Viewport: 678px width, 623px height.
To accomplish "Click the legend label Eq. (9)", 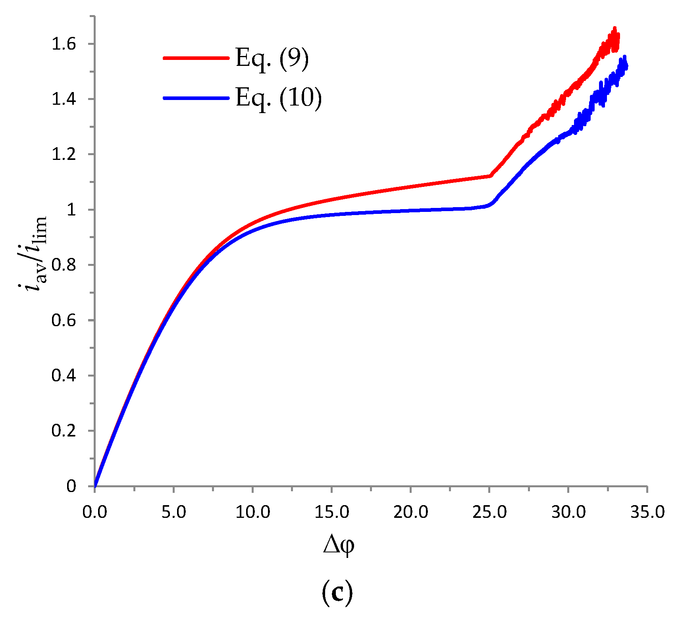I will (x=272, y=59).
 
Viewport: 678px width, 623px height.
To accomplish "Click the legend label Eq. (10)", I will (x=279, y=98).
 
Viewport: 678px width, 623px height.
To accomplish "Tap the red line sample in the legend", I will (x=196, y=58).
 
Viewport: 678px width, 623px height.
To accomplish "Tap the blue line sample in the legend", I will (x=196, y=98).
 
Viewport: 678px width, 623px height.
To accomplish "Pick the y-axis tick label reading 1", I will (x=71, y=210).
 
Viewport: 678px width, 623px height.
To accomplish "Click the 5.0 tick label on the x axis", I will (x=173, y=512).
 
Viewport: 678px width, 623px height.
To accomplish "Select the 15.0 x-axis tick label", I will (x=331, y=512).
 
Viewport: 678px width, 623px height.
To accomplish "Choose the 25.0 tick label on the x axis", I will (x=489, y=512).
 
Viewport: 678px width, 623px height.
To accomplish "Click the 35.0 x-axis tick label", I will (x=647, y=512).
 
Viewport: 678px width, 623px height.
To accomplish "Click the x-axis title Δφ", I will (x=338, y=545).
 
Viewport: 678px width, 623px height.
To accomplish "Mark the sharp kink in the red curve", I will (x=490, y=176).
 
